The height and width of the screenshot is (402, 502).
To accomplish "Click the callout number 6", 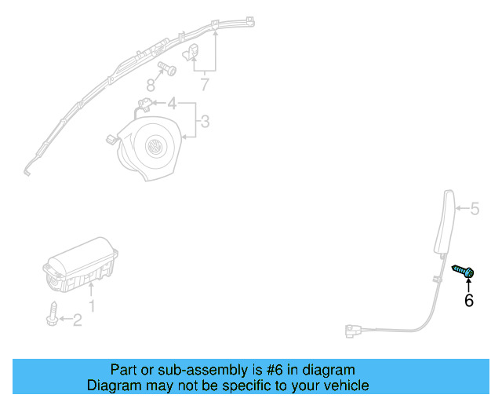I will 469,300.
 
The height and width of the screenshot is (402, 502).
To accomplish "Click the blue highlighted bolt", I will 464,272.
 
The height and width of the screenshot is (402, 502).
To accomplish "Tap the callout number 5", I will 474,209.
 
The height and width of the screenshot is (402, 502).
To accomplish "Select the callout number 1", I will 92,305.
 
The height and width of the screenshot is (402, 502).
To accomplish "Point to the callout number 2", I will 77,320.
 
